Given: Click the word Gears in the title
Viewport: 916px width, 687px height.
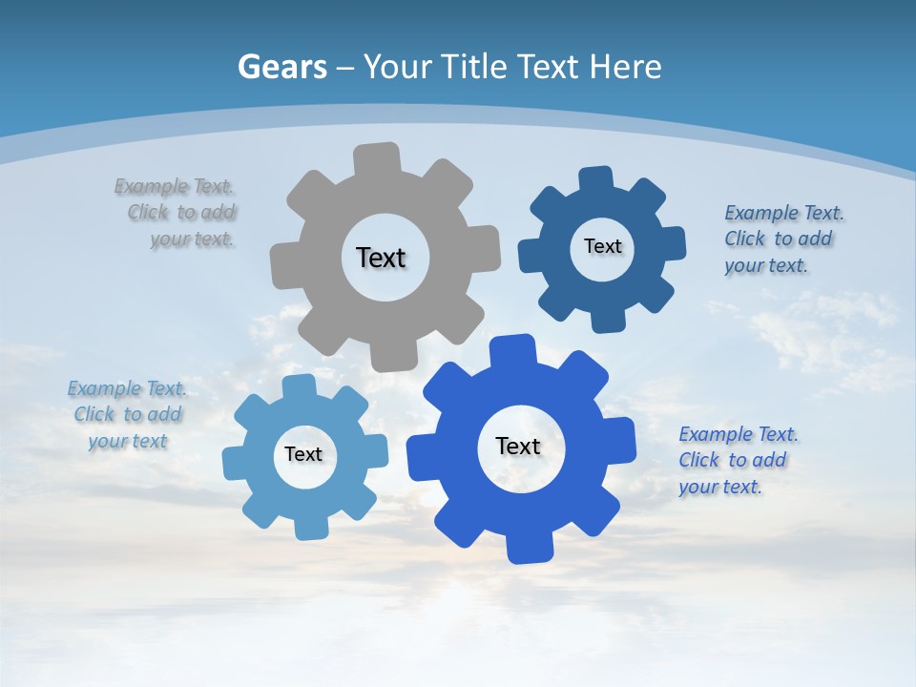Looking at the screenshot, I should [x=281, y=67].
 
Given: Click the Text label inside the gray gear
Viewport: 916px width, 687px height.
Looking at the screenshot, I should [x=381, y=258].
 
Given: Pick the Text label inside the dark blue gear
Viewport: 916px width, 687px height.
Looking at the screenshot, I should [x=602, y=246].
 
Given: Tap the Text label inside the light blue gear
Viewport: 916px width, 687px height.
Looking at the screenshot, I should [x=303, y=454].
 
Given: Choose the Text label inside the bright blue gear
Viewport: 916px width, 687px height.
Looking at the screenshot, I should [x=518, y=446].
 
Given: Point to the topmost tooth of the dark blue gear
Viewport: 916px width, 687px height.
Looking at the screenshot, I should [x=596, y=180].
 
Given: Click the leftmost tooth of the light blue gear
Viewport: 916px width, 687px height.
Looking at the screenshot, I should [x=235, y=461].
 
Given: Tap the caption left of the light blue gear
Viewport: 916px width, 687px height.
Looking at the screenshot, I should [x=128, y=414].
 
